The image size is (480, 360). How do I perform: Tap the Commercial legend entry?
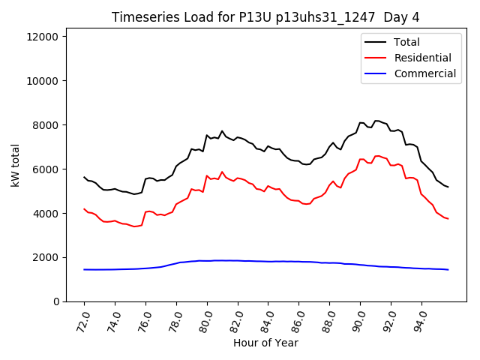425,73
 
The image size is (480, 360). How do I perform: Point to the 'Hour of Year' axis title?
265,343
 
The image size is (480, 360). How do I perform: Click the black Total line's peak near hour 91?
376,121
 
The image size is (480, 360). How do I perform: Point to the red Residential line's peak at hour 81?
222,172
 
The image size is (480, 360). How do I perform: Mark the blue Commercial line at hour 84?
268,261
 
